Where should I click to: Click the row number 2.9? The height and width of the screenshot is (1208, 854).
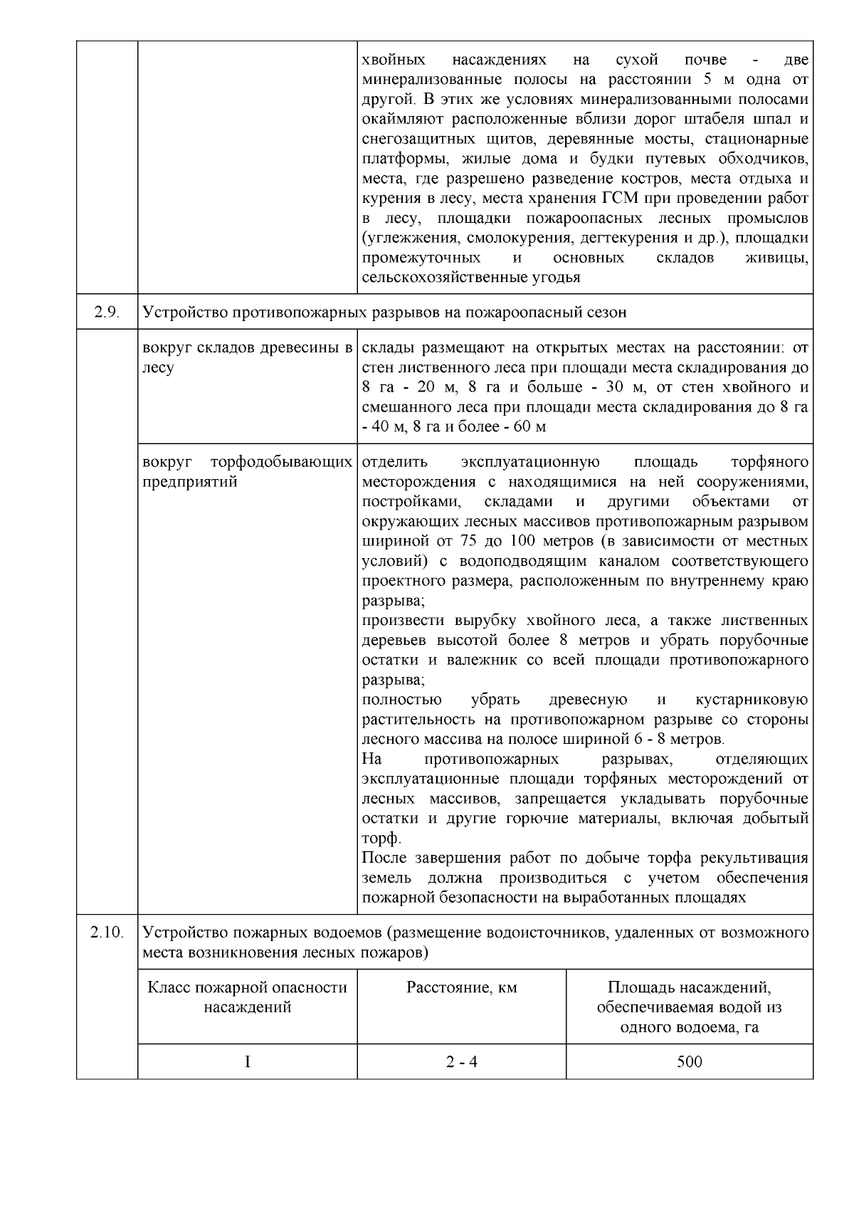(107, 312)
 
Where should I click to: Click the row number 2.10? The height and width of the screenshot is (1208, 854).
(107, 932)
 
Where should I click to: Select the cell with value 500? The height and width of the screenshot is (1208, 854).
(689, 1062)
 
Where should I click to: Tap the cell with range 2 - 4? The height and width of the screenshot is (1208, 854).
(461, 1062)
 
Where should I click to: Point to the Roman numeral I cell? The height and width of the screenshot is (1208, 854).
(247, 1062)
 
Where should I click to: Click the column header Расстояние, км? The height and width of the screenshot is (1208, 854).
(461, 987)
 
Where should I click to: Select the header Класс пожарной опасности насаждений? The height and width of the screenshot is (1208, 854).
(247, 997)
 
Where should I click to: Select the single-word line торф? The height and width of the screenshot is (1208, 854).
(381, 839)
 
